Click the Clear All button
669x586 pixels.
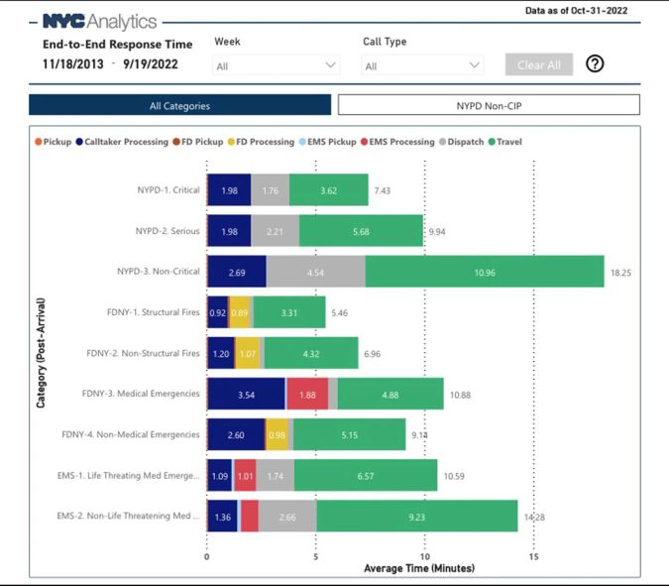click(539, 64)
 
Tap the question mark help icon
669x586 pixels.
click(595, 64)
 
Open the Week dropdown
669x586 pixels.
click(277, 65)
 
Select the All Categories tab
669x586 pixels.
click(179, 105)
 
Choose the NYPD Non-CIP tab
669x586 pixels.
click(489, 105)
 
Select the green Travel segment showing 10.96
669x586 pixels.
click(485, 272)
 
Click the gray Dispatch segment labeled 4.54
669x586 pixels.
click(315, 272)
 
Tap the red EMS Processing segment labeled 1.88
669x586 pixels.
click(307, 394)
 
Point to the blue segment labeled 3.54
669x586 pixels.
click(246, 394)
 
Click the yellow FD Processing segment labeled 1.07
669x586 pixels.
click(248, 353)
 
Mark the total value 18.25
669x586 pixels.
click(620, 272)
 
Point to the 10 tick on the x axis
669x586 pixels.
click(424, 556)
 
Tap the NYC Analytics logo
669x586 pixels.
click(99, 21)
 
